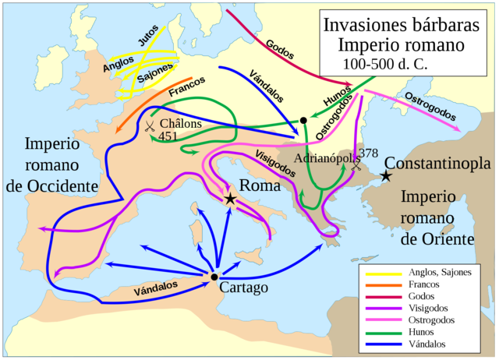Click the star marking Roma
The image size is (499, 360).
click(x=230, y=199)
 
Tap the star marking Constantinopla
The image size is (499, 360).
click(x=385, y=177)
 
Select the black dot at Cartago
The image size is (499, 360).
click(x=214, y=277)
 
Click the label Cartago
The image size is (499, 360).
click(x=244, y=288)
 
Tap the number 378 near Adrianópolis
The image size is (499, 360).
click(x=369, y=152)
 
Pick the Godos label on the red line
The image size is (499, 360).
click(x=279, y=48)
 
